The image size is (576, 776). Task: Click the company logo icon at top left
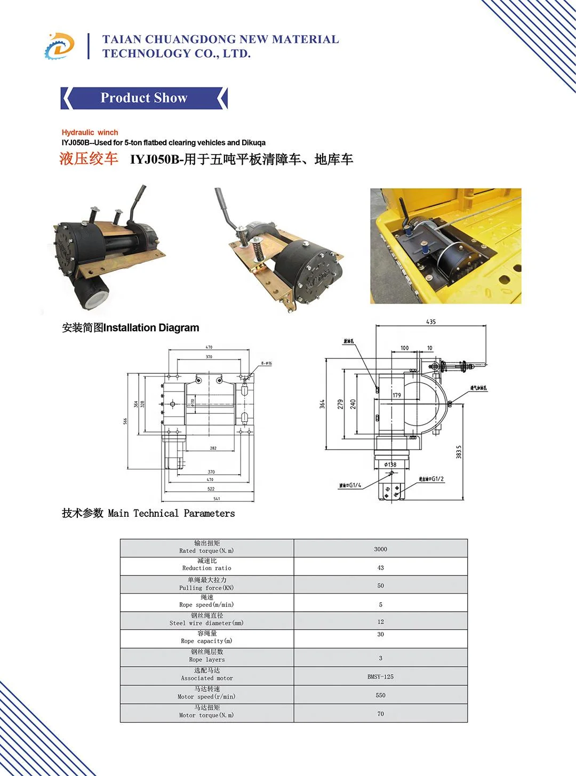[x=59, y=46]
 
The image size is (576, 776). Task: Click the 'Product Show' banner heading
[x=144, y=98]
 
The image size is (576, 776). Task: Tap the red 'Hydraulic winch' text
[x=90, y=132]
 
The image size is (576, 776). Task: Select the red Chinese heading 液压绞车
[x=89, y=159]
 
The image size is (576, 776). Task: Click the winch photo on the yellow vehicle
[x=445, y=246]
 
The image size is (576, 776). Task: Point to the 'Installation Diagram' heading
[x=130, y=327]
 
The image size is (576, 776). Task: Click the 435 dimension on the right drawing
[x=431, y=322]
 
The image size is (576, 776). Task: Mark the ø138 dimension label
[x=390, y=465]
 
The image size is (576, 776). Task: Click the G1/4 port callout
[x=350, y=485]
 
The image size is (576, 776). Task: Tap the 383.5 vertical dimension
[x=459, y=452]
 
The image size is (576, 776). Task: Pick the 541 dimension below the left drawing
[x=217, y=499]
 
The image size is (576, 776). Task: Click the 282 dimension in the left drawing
[x=213, y=448]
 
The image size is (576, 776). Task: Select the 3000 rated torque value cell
[x=380, y=549]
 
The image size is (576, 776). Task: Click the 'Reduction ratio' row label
[x=207, y=568]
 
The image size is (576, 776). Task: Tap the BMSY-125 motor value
[x=380, y=676]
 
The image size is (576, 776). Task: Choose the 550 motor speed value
[x=380, y=695]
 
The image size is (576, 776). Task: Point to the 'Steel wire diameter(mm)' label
[x=206, y=623]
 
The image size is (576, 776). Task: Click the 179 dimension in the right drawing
[x=397, y=395]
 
